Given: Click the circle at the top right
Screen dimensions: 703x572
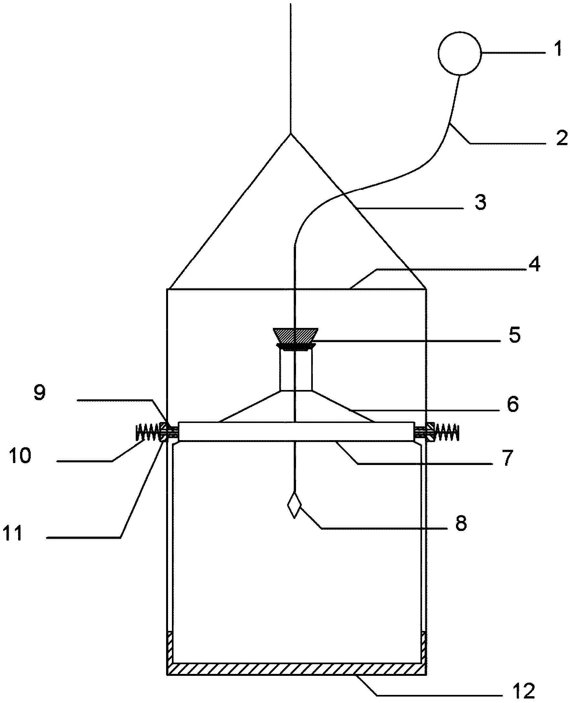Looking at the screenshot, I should [460, 53].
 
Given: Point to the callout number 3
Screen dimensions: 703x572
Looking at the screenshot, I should [481, 202].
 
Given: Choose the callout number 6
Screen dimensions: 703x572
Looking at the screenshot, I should [513, 404].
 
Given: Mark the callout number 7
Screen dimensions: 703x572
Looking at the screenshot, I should [507, 457].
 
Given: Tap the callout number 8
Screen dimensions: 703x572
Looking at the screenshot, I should [461, 523].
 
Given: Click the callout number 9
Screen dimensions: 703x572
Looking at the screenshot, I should [40, 393].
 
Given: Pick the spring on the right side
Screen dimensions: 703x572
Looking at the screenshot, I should [447, 432].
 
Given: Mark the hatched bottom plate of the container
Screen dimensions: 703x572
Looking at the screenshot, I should [297, 669].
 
